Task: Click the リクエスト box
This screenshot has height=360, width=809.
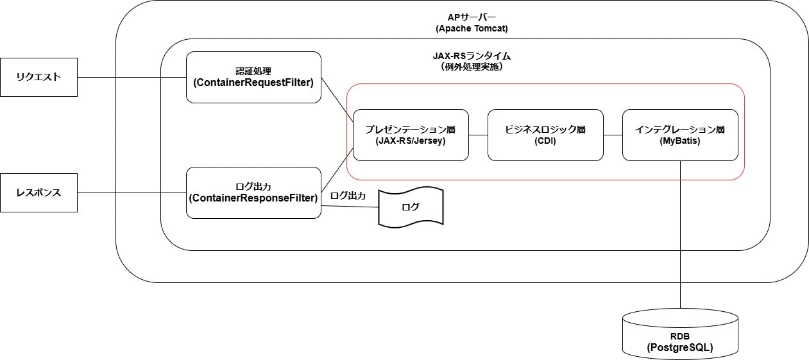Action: point(38,77)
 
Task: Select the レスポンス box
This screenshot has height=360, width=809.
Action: point(38,193)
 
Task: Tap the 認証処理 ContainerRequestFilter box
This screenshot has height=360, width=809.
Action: point(253,77)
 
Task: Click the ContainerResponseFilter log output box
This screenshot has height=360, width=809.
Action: point(253,193)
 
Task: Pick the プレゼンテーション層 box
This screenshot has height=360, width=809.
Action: point(411,135)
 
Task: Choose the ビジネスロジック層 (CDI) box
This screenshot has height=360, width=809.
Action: point(545,135)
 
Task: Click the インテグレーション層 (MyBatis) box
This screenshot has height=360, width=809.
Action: point(680,135)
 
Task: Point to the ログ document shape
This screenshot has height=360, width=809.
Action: point(411,207)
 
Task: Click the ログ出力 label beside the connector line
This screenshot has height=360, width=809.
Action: point(348,196)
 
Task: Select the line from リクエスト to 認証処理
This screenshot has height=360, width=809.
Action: point(132,77)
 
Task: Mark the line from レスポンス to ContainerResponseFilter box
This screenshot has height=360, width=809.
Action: point(132,193)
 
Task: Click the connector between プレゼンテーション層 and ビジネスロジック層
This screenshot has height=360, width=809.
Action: point(478,135)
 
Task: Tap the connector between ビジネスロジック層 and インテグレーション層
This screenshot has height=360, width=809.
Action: point(613,135)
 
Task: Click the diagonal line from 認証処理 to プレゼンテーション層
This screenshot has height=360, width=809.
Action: point(337,98)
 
